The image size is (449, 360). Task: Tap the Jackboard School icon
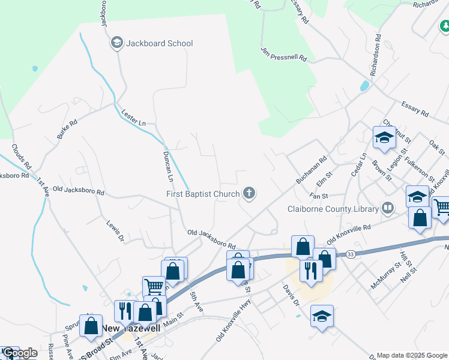116,43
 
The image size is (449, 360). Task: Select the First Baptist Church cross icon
249,193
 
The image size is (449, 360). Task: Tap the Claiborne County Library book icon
388,209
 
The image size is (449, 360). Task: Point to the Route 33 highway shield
351,254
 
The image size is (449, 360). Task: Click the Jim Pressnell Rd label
284,55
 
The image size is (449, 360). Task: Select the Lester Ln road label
134,118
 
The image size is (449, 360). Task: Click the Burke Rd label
67,130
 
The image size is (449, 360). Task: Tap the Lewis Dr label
115,230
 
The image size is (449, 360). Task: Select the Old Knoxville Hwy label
233,322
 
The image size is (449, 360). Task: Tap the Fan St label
318,196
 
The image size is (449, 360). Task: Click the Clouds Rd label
20,157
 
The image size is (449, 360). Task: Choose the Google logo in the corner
19,353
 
